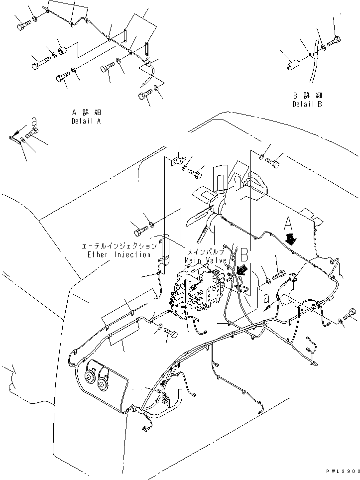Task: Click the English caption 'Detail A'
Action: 86,121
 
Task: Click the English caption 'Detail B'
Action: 307,105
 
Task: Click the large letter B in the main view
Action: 243,255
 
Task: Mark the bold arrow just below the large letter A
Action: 291,240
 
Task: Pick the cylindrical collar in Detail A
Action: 63,51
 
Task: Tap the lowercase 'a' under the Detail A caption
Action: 34,121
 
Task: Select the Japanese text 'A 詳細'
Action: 86,113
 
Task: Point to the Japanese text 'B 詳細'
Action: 307,96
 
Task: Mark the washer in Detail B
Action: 324,47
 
